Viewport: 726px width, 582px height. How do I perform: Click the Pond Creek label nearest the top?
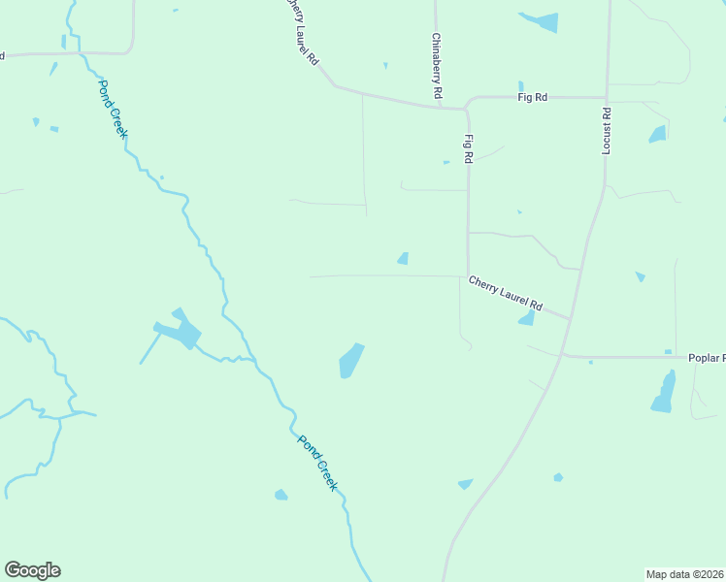[111, 107]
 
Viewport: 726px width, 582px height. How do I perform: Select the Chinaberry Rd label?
[437, 67]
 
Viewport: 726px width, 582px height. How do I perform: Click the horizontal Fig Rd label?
[533, 97]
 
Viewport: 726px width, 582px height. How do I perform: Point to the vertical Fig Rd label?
[469, 148]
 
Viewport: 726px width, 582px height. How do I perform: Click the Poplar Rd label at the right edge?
[706, 358]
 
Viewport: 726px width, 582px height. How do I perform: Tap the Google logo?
[32, 570]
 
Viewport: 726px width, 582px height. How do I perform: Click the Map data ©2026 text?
[684, 573]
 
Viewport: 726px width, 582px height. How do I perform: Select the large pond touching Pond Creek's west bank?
[179, 332]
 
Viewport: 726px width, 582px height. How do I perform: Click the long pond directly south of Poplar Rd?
[664, 392]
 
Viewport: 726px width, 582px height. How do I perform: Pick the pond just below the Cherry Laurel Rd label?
[527, 318]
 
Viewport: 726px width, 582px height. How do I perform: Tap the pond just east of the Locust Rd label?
[657, 134]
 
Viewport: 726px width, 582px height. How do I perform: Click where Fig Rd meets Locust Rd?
[608, 97]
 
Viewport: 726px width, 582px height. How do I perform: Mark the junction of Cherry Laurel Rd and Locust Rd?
[570, 317]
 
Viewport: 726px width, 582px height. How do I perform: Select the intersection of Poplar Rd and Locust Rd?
[563, 356]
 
